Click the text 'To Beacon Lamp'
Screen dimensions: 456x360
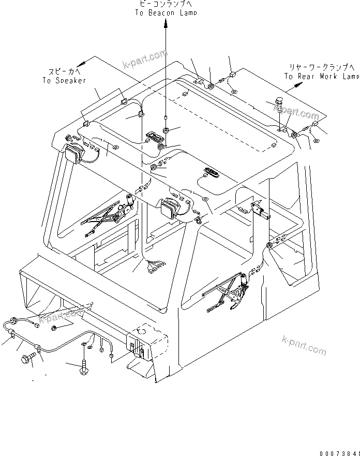click(x=166, y=13)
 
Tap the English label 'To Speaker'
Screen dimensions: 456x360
click(x=64, y=81)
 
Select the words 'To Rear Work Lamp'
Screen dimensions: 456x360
click(x=321, y=76)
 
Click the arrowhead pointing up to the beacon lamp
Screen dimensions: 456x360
click(x=166, y=24)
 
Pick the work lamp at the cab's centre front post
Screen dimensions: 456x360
click(x=169, y=209)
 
